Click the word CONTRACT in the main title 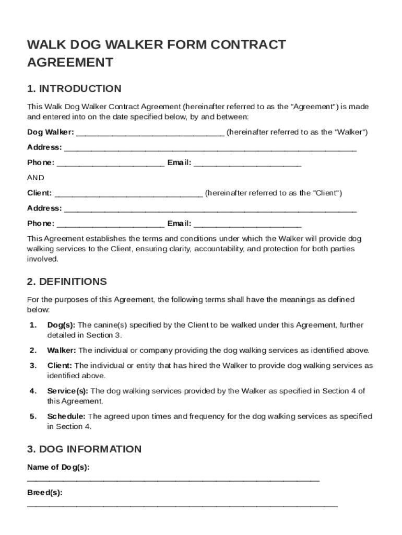(251, 44)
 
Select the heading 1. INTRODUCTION (74, 88)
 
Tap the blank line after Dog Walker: (150, 133)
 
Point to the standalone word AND (36, 178)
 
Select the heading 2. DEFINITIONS (67, 282)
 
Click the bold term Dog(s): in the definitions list (62, 325)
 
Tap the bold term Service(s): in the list (68, 391)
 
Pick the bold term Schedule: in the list (66, 416)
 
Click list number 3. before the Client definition (33, 366)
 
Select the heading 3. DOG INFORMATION (84, 449)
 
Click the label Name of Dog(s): (58, 467)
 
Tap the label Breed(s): (45, 493)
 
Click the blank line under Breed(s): (182, 505)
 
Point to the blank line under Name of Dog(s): (173, 480)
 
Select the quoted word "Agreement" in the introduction (314, 107)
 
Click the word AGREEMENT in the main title (70, 63)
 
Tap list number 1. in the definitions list (33, 325)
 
